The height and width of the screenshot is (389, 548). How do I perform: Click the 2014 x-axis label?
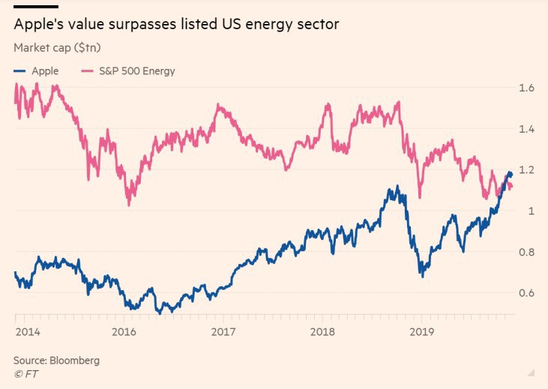tap(26, 331)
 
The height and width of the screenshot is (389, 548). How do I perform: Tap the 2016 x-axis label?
tap(124, 331)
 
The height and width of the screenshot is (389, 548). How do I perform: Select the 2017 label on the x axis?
tap(223, 331)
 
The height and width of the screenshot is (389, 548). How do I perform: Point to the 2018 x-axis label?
tap(322, 331)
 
